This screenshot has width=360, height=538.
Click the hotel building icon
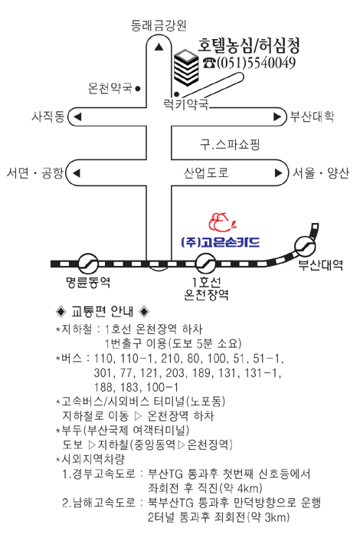click(x=186, y=67)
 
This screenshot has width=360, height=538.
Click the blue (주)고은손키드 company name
click(x=221, y=243)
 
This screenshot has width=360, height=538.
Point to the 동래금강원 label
click(x=159, y=26)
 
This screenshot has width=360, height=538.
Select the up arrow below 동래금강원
click(x=159, y=47)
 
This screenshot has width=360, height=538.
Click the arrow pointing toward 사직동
click(x=77, y=117)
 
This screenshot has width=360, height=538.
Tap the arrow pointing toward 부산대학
click(x=277, y=117)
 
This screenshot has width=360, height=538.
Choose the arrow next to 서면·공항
click(x=77, y=173)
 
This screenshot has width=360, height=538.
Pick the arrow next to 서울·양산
click(x=278, y=173)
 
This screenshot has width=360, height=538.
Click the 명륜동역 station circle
click(x=88, y=264)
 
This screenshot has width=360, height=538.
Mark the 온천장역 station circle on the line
click(x=206, y=264)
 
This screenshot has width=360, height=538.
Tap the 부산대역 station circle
click(x=305, y=246)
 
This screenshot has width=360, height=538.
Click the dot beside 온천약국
click(x=138, y=89)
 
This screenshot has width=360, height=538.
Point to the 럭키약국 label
click(x=186, y=104)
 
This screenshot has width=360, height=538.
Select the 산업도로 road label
click(x=206, y=172)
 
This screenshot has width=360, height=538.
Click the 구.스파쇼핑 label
click(x=230, y=144)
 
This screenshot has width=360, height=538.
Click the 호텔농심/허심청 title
click(x=249, y=45)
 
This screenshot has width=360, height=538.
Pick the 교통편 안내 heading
click(x=102, y=312)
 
